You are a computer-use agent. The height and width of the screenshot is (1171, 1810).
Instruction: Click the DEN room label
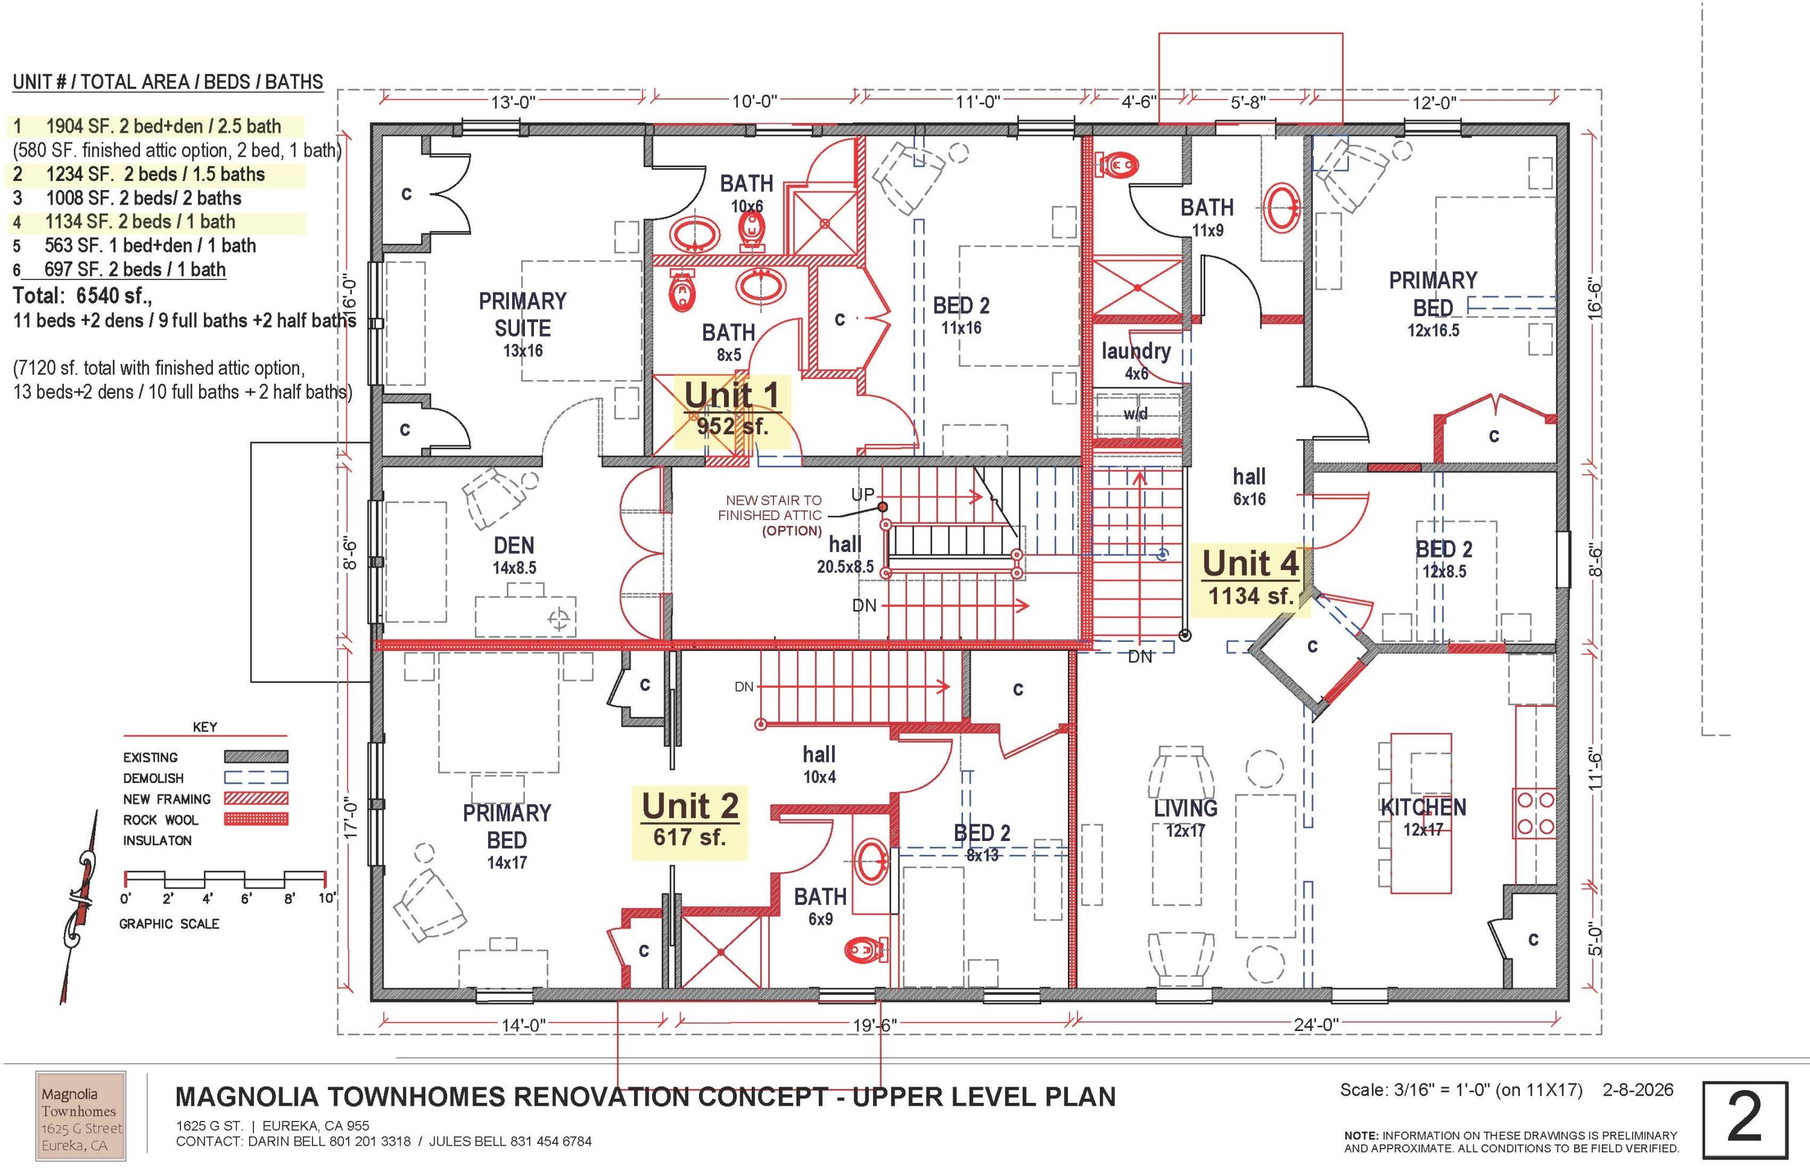click(x=514, y=545)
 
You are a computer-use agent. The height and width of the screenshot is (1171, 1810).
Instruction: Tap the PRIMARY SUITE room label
click(x=522, y=315)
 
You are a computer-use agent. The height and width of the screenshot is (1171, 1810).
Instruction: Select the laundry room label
click(x=1136, y=351)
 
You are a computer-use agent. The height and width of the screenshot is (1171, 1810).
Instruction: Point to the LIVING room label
click(x=1186, y=808)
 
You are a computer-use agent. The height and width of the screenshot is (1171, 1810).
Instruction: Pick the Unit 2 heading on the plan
click(x=690, y=806)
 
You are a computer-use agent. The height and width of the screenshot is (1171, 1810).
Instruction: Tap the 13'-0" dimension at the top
click(x=513, y=102)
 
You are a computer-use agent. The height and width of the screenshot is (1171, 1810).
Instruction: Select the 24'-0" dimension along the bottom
click(x=1316, y=1024)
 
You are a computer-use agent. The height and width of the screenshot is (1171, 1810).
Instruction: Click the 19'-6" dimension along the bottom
click(x=875, y=1024)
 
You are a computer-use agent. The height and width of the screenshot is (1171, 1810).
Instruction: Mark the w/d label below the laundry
click(x=1136, y=414)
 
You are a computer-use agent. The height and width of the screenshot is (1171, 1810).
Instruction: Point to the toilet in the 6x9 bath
click(x=865, y=948)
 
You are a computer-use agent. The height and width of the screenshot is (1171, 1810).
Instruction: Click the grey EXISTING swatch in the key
click(x=256, y=757)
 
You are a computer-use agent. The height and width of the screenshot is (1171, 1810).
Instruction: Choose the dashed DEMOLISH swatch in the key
click(x=256, y=778)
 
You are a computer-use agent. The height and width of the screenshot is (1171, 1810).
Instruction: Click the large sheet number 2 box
click(x=1745, y=1120)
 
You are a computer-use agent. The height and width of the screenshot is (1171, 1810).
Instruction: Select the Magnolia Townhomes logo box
click(x=81, y=1115)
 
